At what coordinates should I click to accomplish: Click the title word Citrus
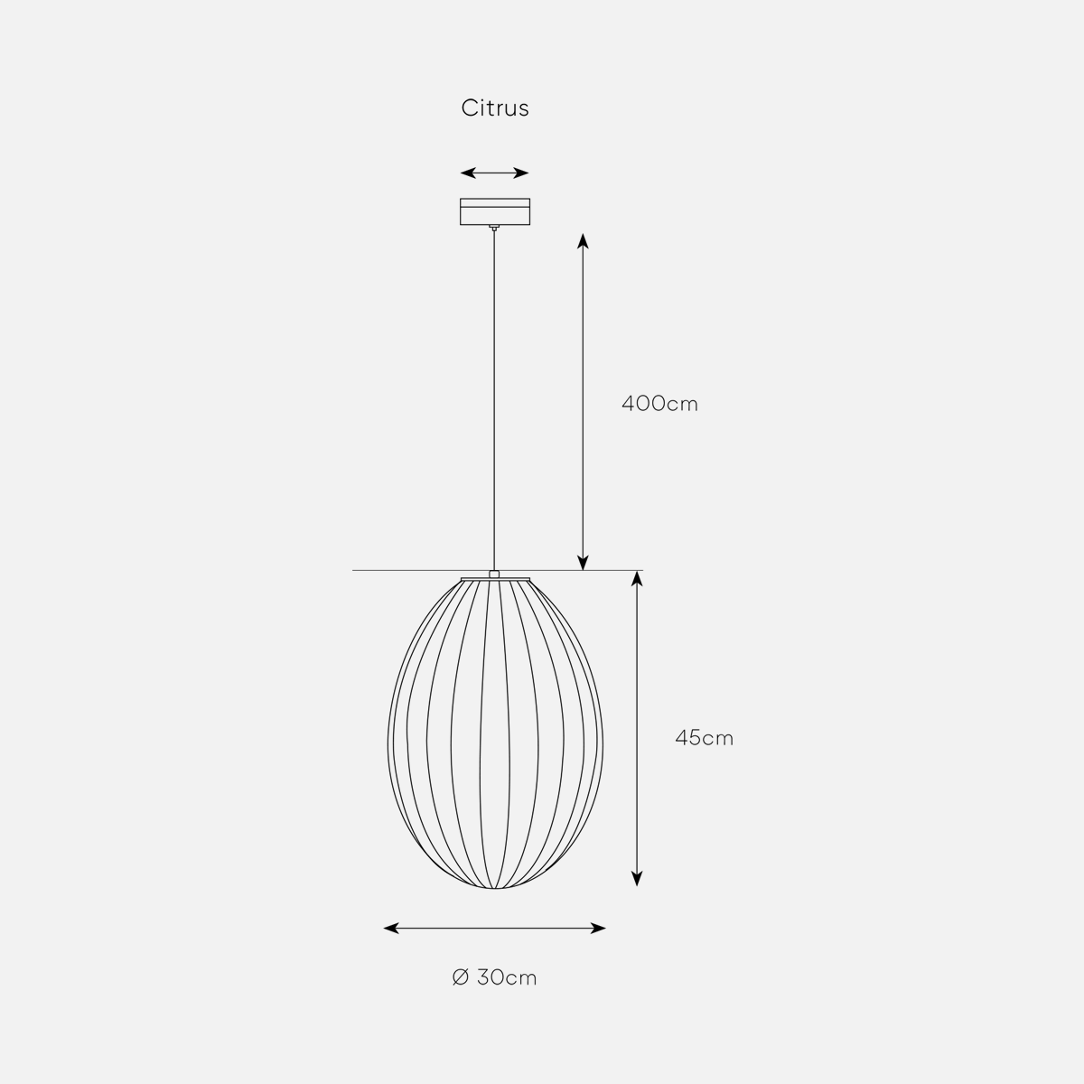tap(495, 108)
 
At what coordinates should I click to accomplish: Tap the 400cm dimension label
tap(659, 404)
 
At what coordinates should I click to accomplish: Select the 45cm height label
tap(705, 737)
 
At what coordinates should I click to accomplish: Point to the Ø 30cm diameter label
tap(494, 977)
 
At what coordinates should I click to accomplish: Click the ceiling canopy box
tap(495, 211)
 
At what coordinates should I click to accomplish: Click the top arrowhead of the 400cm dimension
tap(583, 241)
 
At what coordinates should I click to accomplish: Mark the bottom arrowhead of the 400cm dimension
tap(583, 562)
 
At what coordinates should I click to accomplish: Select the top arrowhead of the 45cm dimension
tap(636, 579)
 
